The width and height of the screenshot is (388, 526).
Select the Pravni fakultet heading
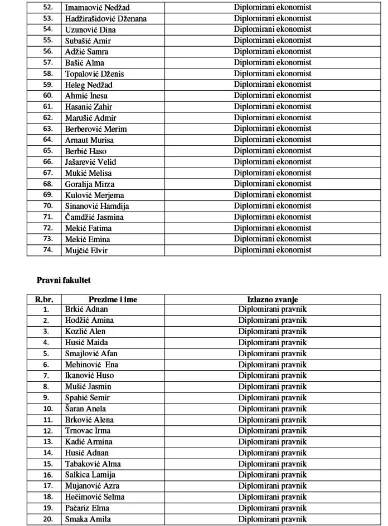(64, 280)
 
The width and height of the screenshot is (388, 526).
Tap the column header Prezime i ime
(113, 299)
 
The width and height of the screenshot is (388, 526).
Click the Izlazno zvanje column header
(273, 299)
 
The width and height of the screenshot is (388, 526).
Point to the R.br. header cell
(44, 299)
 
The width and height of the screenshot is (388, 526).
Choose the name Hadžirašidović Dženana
(106, 19)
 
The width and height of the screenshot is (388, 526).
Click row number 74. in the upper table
(47, 250)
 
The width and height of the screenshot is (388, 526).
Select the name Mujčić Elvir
(86, 250)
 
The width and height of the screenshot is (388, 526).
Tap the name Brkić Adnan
(86, 309)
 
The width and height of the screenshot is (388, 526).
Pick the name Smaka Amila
(88, 519)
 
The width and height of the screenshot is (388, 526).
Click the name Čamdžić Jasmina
(94, 217)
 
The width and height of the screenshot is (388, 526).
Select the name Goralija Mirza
(89, 184)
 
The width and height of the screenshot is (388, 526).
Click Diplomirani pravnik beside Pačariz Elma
(273, 508)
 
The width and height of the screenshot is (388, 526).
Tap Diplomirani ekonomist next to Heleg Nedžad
(273, 85)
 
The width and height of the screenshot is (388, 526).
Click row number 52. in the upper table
(47, 8)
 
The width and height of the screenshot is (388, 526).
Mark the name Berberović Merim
(96, 129)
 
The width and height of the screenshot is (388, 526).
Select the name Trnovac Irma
(88, 430)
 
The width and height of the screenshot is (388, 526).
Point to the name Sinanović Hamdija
(97, 206)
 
